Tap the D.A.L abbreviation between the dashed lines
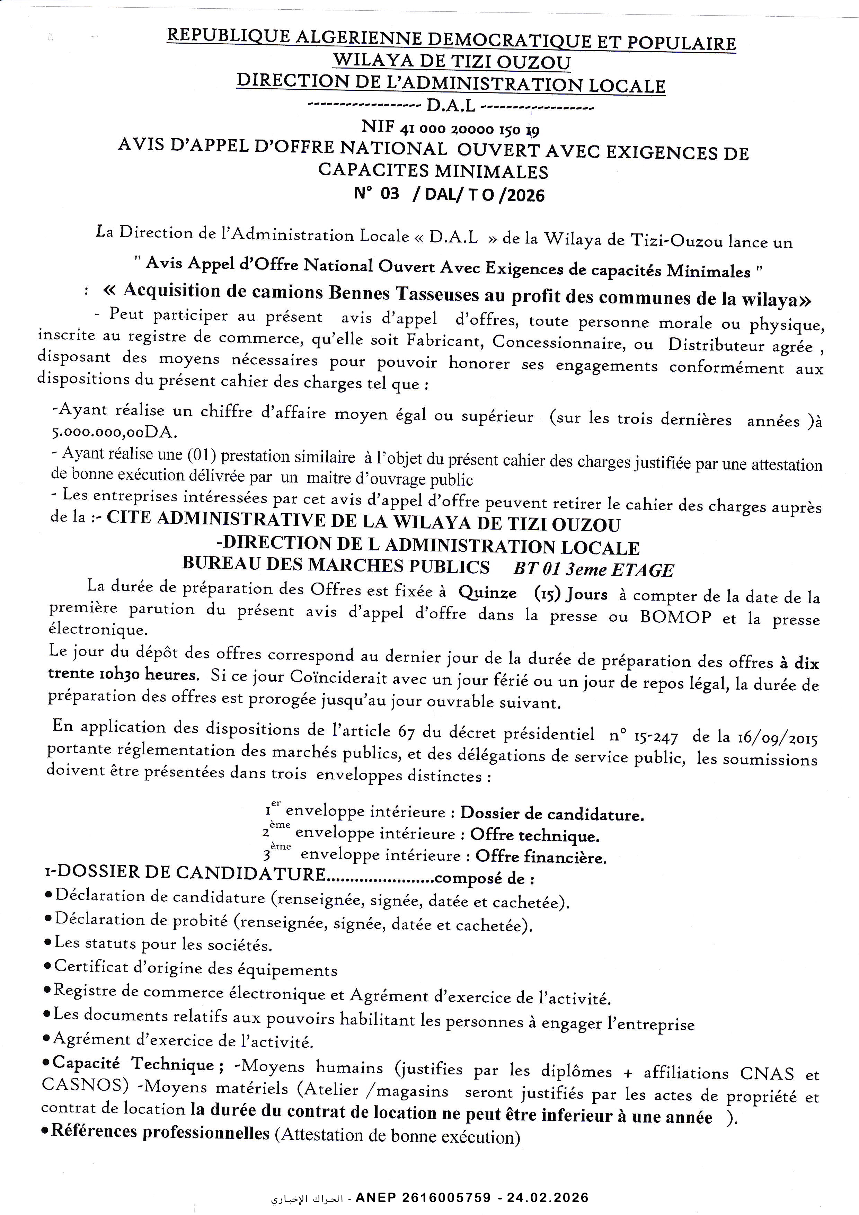pyautogui.click(x=451, y=107)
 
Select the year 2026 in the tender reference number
pyautogui.click(x=525, y=195)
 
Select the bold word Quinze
pyautogui.click(x=487, y=593)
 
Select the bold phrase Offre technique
pyautogui.click(x=534, y=836)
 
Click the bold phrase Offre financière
pyautogui.click(x=540, y=857)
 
